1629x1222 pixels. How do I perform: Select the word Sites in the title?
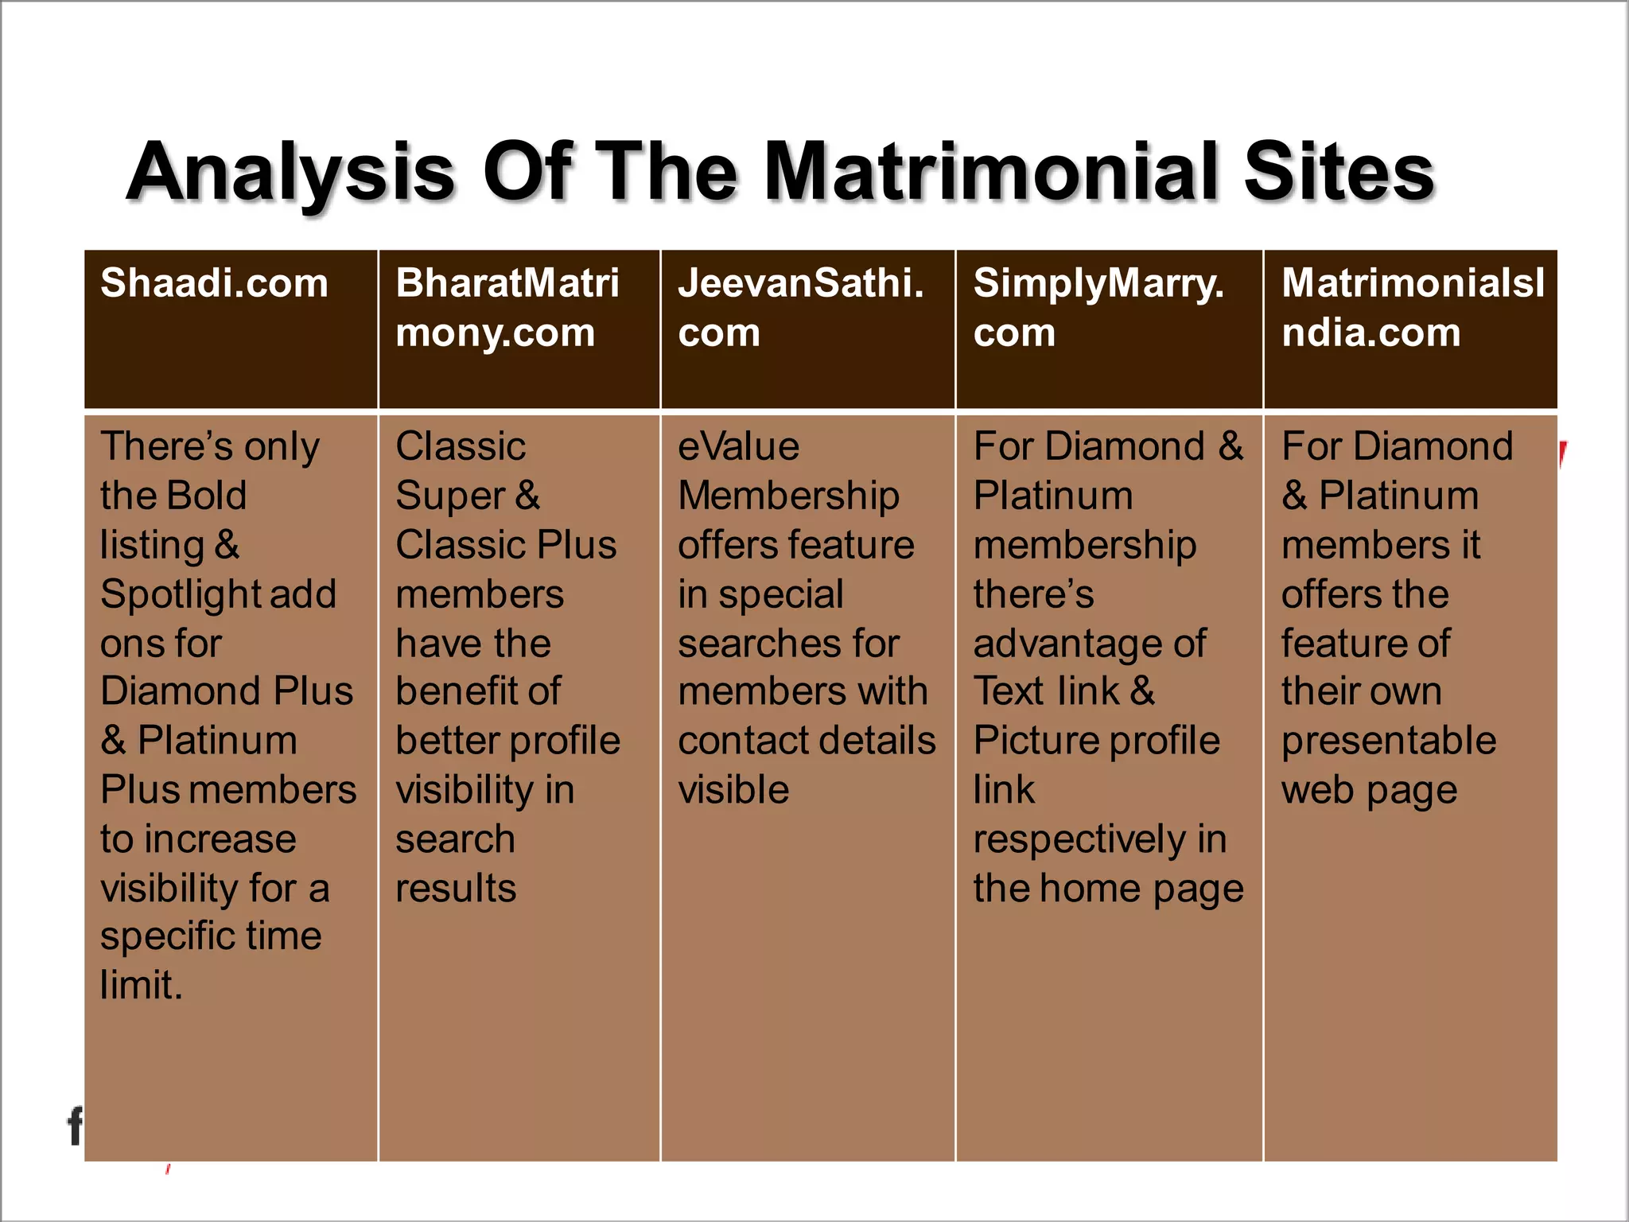[1339, 171]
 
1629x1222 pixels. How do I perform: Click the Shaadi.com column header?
[214, 283]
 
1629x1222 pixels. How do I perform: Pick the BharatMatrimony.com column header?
[507, 307]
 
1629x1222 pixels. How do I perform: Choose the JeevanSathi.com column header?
[800, 307]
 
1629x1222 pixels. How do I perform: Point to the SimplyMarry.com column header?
[1098, 307]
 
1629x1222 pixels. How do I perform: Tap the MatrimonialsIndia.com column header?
[1412, 307]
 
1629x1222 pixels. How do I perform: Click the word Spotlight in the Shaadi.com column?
[173, 594]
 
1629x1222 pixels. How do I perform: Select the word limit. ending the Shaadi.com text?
[142, 986]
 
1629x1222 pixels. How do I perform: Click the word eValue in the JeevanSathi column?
[738, 446]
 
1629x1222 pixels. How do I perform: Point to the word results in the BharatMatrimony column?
[456, 889]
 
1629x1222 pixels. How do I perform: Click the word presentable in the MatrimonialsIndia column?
[1389, 741]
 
